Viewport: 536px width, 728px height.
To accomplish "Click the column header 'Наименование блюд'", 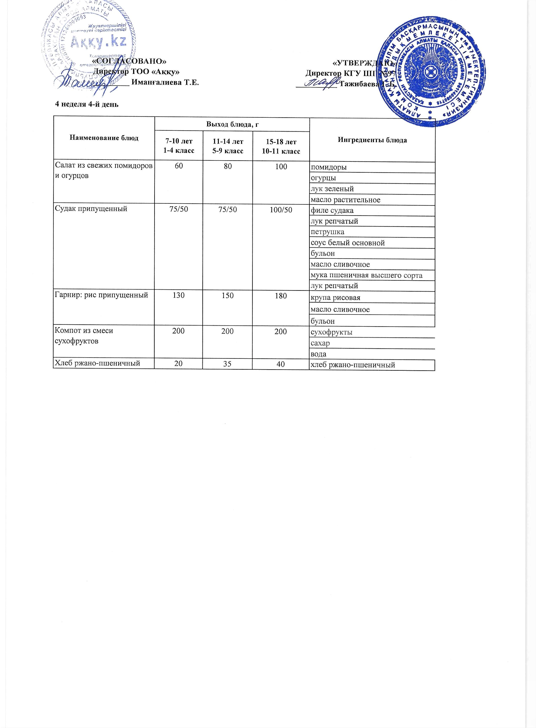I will pos(104,138).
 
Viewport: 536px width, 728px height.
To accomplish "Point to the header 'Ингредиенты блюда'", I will pos(372,140).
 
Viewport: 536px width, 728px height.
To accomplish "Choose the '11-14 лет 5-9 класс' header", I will pos(228,146).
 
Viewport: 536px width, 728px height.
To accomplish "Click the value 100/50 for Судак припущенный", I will pos(281,210).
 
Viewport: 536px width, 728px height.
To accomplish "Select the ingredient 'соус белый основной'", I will pos(347,243).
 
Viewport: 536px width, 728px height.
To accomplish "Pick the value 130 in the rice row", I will pos(178,296).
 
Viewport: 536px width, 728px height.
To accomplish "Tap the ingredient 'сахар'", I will pos(320,343).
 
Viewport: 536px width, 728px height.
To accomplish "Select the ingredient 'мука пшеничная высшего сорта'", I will pos(366,276).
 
